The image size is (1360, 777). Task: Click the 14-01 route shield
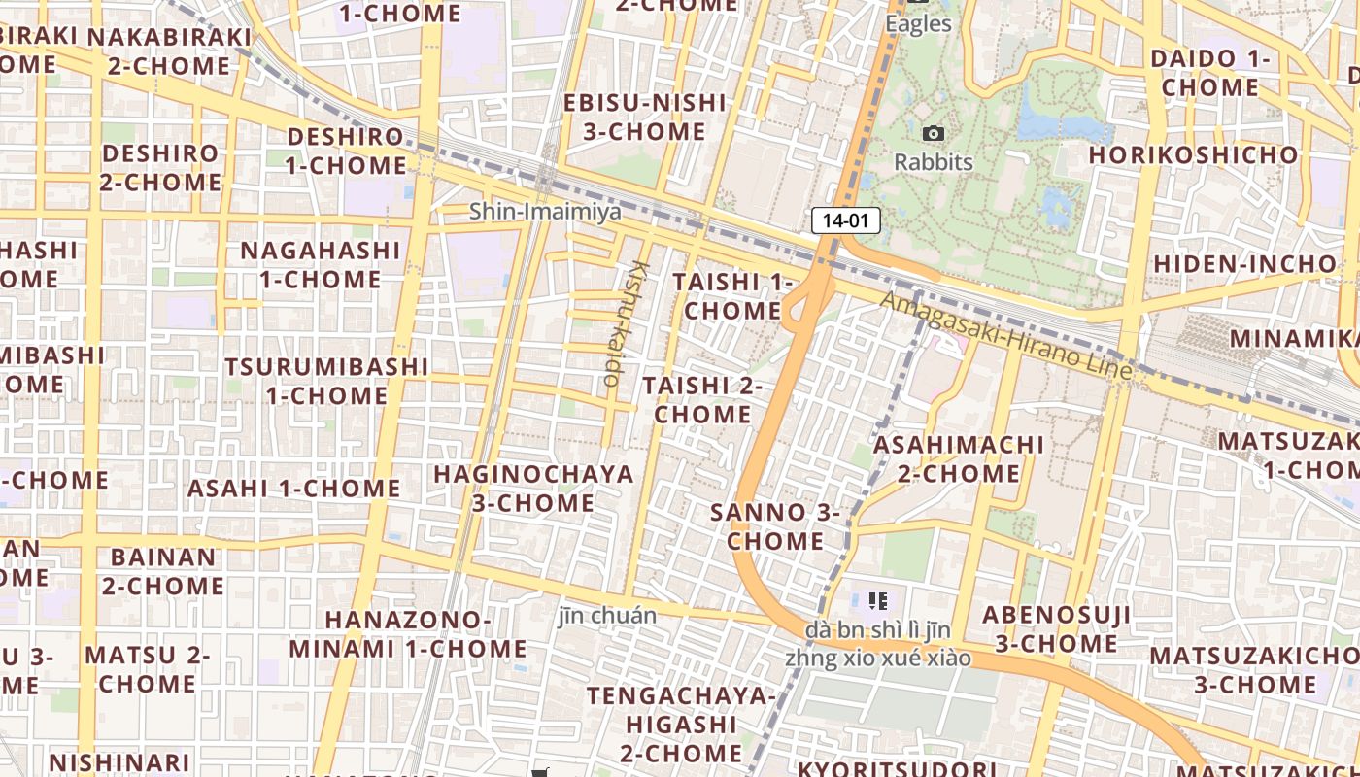point(845,220)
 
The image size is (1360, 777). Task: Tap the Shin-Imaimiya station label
point(545,211)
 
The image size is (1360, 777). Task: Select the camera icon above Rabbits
point(934,133)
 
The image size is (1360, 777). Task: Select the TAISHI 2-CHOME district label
point(702,400)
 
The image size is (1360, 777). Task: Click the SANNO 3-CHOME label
point(775,526)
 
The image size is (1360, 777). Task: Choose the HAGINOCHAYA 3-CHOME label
point(533,489)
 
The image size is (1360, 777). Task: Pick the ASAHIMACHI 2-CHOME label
point(959,459)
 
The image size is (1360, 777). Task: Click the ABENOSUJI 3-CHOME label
point(1056,628)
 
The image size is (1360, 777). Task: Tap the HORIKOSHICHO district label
point(1193,155)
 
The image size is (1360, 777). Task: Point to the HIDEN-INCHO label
point(1244,264)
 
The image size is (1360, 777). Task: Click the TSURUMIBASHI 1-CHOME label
point(326,381)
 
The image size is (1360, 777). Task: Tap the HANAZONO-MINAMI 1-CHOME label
point(407,634)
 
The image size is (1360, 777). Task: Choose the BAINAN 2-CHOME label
point(163,571)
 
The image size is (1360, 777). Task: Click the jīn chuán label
point(607,615)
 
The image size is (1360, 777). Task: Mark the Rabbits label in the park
point(934,162)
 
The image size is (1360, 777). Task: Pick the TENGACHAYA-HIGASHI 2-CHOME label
point(681,725)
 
